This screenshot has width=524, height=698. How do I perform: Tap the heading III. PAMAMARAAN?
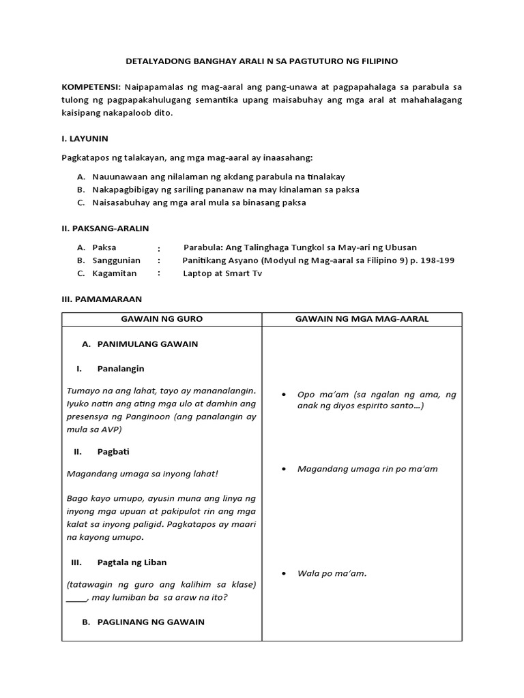(x=101, y=299)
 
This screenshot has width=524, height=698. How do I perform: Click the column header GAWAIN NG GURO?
(x=162, y=319)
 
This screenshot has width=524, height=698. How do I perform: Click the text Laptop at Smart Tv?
(x=222, y=273)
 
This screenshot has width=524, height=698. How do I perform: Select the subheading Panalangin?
(x=121, y=369)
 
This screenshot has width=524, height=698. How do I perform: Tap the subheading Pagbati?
(x=113, y=452)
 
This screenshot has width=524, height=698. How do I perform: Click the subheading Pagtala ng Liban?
(x=132, y=562)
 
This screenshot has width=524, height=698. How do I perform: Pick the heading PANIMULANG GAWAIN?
(x=147, y=344)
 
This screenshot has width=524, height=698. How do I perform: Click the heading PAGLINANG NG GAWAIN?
(x=151, y=622)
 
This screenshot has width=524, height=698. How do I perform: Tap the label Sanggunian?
(x=117, y=260)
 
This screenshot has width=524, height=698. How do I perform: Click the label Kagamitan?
(x=115, y=273)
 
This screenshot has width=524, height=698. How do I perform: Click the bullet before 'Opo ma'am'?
(x=283, y=395)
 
